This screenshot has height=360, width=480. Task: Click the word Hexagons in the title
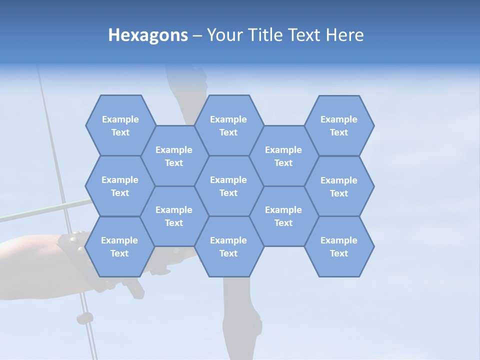148,35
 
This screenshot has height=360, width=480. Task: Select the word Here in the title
344,35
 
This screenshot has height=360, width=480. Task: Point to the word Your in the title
223,35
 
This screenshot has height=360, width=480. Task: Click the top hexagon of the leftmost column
120,125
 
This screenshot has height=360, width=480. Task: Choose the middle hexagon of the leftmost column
120,186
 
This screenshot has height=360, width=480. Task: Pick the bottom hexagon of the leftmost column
119,246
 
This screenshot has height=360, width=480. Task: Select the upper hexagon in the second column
174,156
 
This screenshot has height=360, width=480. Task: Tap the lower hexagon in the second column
174,216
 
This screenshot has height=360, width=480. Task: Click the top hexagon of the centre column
228,125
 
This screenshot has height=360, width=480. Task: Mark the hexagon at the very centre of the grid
228,186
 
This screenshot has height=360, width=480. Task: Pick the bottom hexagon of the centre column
228,246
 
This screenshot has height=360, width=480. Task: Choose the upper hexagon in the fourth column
283,156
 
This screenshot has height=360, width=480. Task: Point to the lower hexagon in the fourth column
283,216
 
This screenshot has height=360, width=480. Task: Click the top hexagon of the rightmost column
339,125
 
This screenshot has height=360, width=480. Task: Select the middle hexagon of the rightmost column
339,186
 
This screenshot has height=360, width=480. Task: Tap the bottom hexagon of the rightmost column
339,246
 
